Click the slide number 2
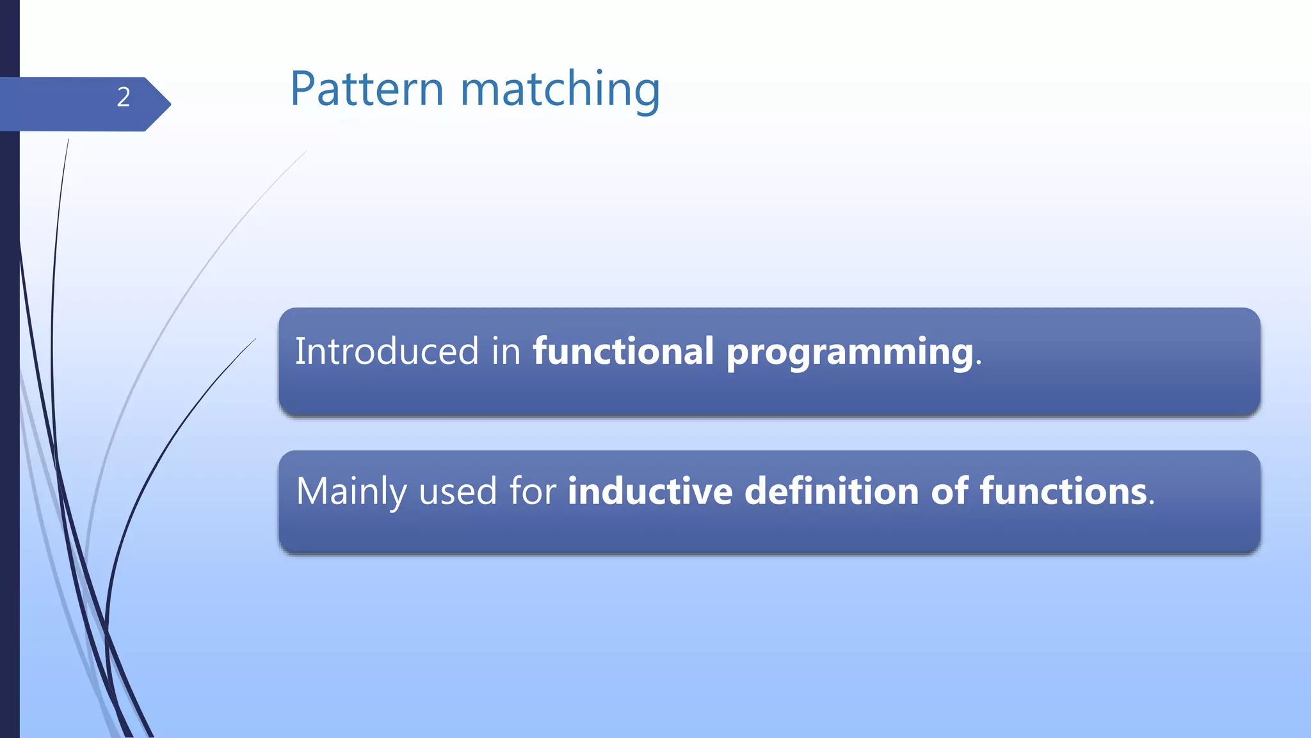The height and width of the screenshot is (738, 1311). click(x=124, y=97)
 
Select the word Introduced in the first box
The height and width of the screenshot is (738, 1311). click(x=387, y=351)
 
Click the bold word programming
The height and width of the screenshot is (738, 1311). click(x=849, y=354)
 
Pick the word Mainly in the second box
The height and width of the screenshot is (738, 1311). click(x=351, y=492)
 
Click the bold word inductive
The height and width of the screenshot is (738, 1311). click(x=650, y=491)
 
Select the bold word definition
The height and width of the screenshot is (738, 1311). click(x=832, y=491)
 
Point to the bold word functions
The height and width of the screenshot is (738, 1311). click(x=1063, y=491)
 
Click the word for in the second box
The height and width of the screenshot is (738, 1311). click(x=533, y=491)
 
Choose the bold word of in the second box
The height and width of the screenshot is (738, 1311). click(x=949, y=491)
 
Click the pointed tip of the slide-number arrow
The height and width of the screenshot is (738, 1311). click(x=170, y=104)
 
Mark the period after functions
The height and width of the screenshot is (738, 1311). click(x=1152, y=504)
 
